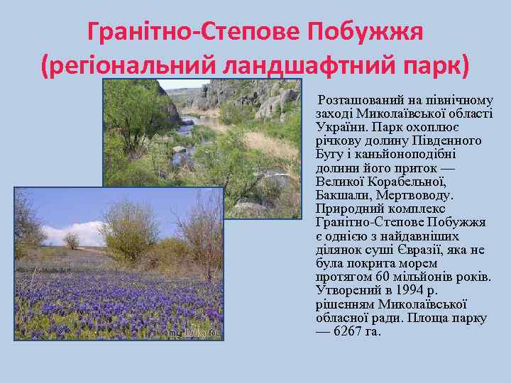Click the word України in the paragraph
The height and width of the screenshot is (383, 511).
click(x=337, y=127)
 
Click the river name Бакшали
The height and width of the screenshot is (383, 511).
click(x=342, y=194)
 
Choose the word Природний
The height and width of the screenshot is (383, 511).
click(x=345, y=209)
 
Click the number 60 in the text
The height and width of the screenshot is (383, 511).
click(x=382, y=277)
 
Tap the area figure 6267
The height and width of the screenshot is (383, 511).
click(x=347, y=331)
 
